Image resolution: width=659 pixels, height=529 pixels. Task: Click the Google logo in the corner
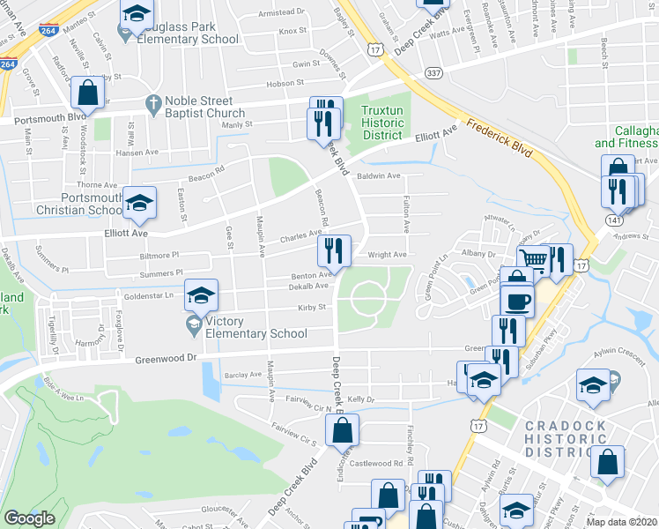pos(29,518)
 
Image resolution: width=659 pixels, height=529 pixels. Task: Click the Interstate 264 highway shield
pos(8,64)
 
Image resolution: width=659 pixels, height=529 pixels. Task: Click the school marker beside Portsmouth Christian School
pos(139,204)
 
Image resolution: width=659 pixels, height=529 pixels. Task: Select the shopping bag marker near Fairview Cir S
pos(342,431)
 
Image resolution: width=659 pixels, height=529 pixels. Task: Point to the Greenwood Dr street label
pos(166,359)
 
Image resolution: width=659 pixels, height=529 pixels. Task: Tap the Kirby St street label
pos(312,308)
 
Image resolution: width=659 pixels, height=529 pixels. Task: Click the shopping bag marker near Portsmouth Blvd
pos(87,92)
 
